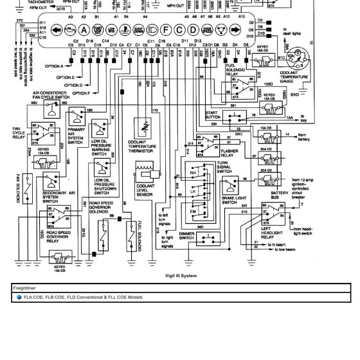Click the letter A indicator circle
coord(83,30)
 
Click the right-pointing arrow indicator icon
coord(237,30)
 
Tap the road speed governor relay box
coord(59,218)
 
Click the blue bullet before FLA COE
coord(19,298)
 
